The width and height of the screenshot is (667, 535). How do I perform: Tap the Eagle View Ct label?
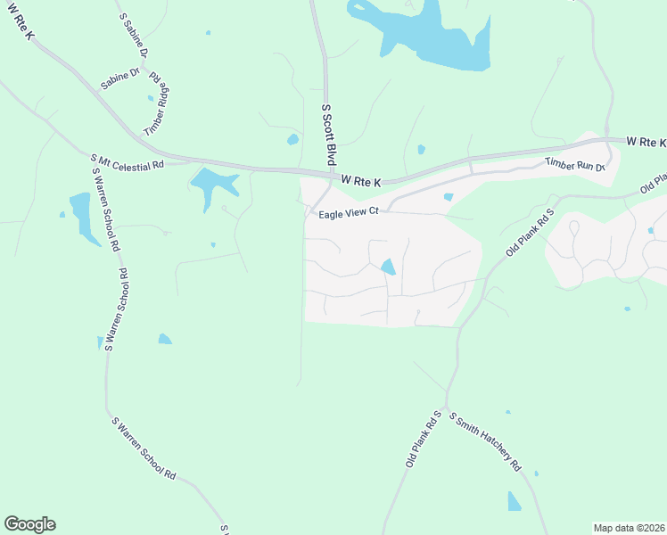tap(344, 212)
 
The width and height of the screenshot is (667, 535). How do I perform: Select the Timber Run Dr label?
tap(575, 164)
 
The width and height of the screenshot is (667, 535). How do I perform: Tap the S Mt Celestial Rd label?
tap(128, 163)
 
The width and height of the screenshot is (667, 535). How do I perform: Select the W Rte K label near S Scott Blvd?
tap(361, 181)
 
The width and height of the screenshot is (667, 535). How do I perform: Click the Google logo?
tap(29, 524)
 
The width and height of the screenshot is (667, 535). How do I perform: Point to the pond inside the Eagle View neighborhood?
tap(388, 266)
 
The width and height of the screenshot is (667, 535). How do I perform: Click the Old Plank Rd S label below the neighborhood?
tap(424, 440)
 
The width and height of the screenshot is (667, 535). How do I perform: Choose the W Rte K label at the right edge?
tap(646, 142)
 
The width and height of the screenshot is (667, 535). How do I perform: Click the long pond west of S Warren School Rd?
tap(82, 217)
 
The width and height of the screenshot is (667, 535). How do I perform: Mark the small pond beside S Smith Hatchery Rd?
tap(514, 501)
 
